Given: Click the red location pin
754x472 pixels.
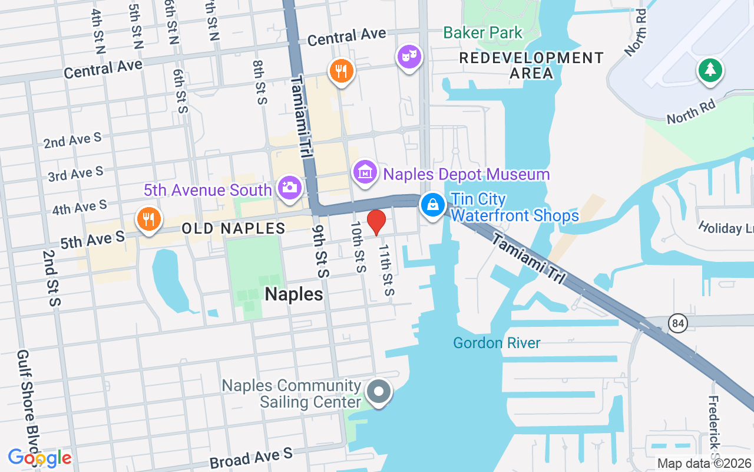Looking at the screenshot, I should click(376, 222).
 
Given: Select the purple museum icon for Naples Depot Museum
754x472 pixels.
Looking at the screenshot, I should click(365, 172).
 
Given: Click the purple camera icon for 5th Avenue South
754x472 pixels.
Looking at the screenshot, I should click(289, 188).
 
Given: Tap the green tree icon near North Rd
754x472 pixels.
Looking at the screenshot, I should click(710, 70).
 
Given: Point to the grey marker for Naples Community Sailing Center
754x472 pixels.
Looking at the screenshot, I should click(379, 392).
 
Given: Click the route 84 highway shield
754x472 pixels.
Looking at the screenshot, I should click(679, 323).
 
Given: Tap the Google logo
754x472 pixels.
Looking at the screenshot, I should click(39, 457).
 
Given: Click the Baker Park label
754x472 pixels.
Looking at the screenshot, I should click(482, 32).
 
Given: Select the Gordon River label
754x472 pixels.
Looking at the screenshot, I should click(497, 343).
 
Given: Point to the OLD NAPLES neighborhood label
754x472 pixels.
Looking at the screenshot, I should click(233, 228).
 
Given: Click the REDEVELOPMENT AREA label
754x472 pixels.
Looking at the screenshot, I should click(531, 65).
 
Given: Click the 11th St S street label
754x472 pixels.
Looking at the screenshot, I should click(386, 270).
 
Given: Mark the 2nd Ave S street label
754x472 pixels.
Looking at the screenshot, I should click(72, 140).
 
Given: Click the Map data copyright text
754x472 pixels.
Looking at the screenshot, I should click(705, 463).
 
